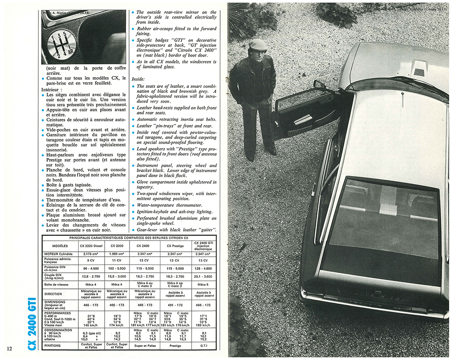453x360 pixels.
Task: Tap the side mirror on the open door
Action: (x=319, y=85)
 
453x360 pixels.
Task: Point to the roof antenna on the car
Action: (x=402, y=99)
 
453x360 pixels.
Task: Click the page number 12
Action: (x=10, y=348)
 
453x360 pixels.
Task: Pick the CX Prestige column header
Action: (x=174, y=246)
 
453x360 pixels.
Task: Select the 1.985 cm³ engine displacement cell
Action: (x=117, y=254)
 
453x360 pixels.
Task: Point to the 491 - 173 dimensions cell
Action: (x=174, y=305)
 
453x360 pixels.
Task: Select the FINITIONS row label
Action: (x=53, y=346)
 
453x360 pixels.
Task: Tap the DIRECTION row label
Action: (x=54, y=294)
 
